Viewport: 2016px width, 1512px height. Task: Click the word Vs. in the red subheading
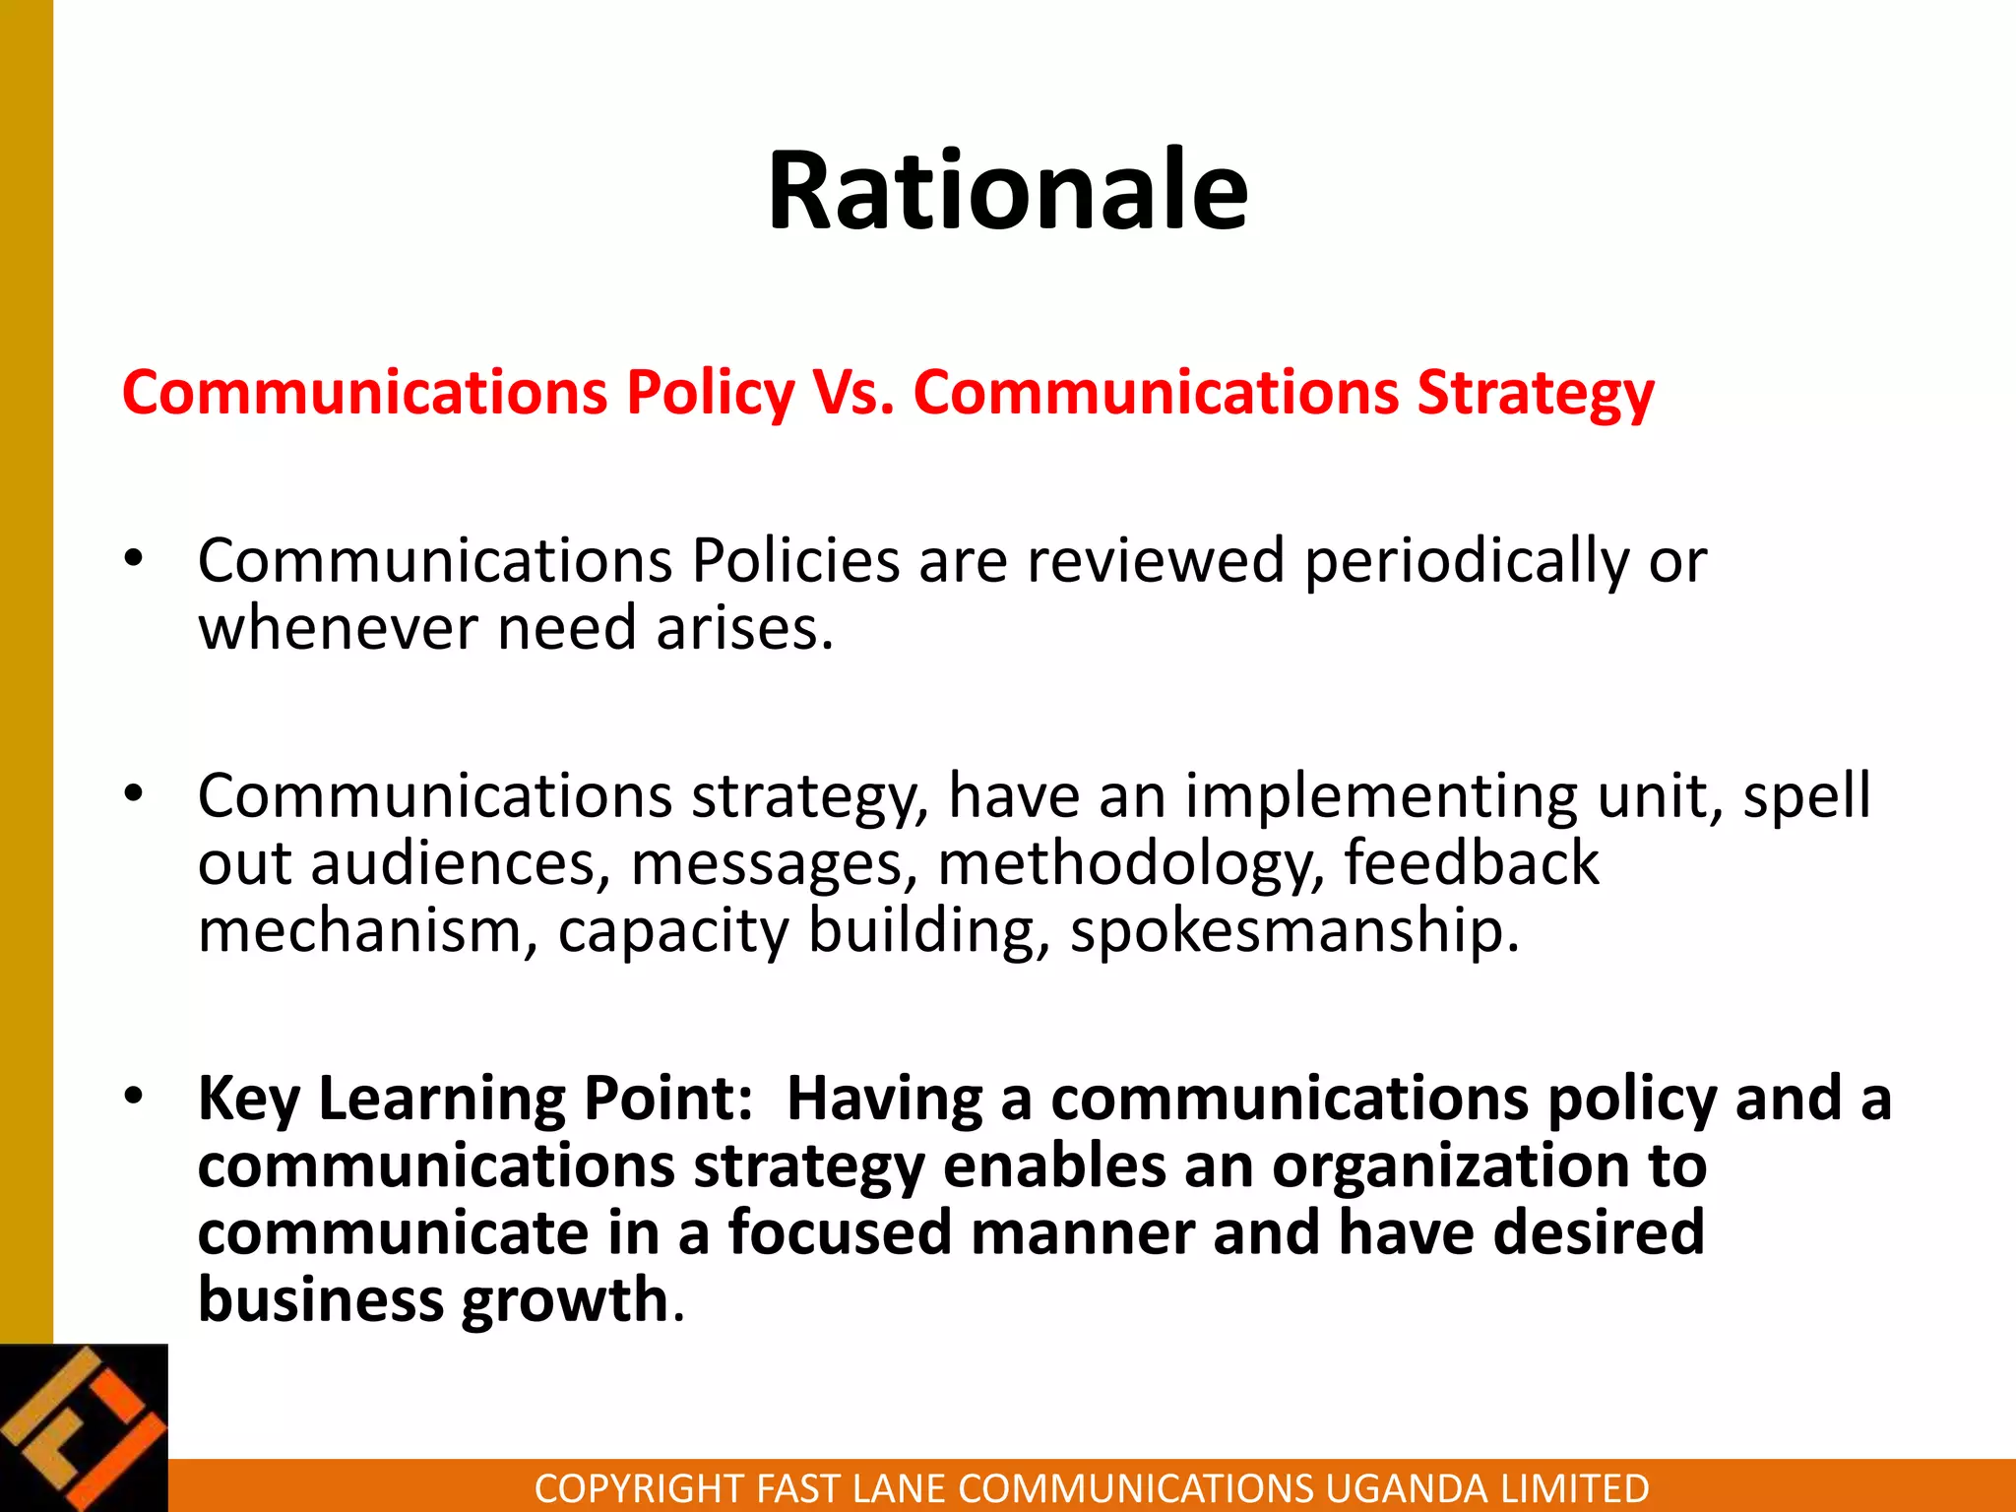[853, 393]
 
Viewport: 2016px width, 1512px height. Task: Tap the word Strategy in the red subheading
[1535, 393]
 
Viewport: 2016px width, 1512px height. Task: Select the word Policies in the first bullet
[795, 561]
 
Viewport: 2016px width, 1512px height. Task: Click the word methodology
[1131, 864]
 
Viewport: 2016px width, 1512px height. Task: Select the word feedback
[1472, 862]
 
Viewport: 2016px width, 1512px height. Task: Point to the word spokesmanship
[1294, 931]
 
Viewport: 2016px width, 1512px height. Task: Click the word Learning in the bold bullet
[441, 1099]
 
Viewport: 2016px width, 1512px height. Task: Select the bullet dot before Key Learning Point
[134, 1095]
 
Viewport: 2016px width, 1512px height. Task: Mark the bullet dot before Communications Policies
[134, 558]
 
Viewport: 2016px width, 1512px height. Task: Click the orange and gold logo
[84, 1427]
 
